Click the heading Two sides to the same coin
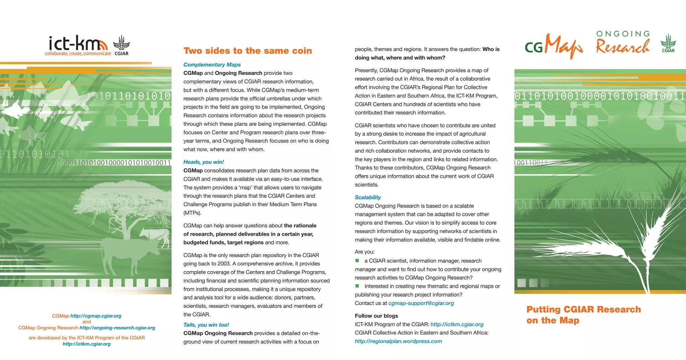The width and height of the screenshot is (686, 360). pos(248,51)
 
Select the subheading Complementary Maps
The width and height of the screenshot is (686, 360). pos(212,65)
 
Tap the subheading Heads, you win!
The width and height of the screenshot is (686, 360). pos(203,162)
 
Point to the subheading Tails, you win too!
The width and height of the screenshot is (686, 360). pos(206,325)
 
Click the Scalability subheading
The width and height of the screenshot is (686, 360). pos(368,198)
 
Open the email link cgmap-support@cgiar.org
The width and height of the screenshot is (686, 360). pos(421,303)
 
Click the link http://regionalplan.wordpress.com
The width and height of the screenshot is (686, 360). pos(398,341)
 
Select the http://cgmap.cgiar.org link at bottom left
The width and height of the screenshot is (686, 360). pos(96,316)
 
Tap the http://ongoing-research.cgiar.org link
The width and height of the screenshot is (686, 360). pos(117,328)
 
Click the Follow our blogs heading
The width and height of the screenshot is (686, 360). pos(376,316)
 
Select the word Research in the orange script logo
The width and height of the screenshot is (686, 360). pos(622,47)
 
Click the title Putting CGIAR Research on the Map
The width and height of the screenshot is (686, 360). pos(583,315)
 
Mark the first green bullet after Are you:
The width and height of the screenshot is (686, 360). pos(357,261)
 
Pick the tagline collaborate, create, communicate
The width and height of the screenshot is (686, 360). pos(78,54)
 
